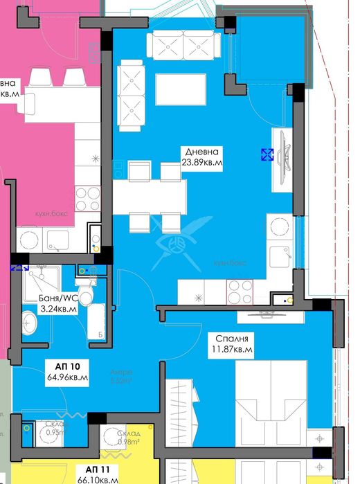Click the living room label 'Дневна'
pyautogui.click(x=201, y=152)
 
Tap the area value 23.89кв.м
pyautogui.click(x=201, y=163)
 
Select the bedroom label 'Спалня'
pyautogui.click(x=231, y=339)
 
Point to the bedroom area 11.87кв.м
pyautogui.click(x=231, y=350)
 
